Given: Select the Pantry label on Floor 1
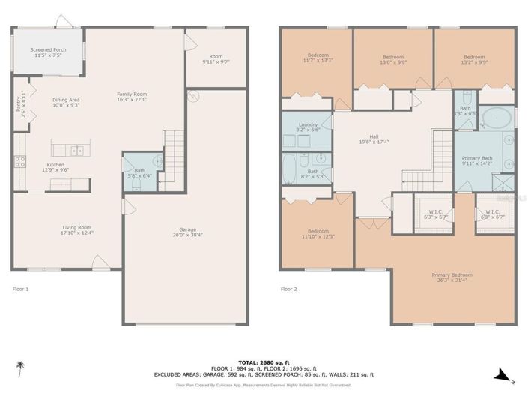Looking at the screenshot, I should [x=20, y=103].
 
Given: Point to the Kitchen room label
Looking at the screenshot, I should [x=55, y=167].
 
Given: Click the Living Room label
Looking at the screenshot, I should [x=77, y=229].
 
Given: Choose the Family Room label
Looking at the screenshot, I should [x=131, y=97].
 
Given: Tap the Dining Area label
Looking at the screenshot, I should [x=66, y=102].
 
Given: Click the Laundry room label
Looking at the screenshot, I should [x=307, y=127].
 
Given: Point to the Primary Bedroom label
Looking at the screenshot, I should [x=452, y=277].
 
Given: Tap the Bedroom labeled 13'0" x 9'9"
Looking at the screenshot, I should [x=393, y=60].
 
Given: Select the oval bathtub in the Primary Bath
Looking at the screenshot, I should [x=495, y=118].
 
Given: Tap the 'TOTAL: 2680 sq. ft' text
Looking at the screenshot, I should [x=264, y=361].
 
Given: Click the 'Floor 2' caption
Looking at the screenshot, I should [x=289, y=288].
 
